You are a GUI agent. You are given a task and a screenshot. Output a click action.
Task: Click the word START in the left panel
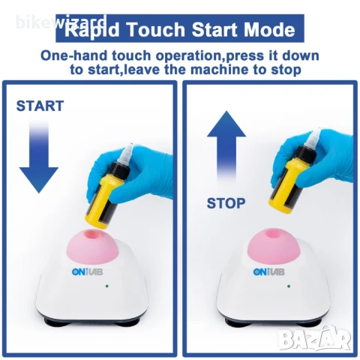(x=40, y=106)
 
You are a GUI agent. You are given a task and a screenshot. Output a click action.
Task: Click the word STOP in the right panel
(x=226, y=203)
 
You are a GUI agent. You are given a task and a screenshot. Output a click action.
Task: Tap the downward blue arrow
(x=39, y=156)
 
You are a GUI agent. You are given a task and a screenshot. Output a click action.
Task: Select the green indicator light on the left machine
(x=107, y=286)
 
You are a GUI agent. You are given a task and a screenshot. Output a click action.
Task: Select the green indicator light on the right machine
(x=289, y=286)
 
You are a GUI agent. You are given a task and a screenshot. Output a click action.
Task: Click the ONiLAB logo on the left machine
(x=87, y=271)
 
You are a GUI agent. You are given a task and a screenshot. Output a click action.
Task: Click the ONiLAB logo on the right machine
(x=268, y=271)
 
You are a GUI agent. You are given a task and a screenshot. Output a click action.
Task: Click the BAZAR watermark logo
(x=315, y=339)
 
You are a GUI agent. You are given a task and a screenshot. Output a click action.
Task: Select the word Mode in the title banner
(x=269, y=29)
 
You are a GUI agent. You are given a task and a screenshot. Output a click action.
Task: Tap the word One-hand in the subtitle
(x=74, y=55)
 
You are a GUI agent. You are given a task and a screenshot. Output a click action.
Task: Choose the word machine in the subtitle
(x=218, y=70)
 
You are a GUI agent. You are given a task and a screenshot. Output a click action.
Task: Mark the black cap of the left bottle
(x=119, y=167)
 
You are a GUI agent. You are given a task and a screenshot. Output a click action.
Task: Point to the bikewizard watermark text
(x=61, y=22)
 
